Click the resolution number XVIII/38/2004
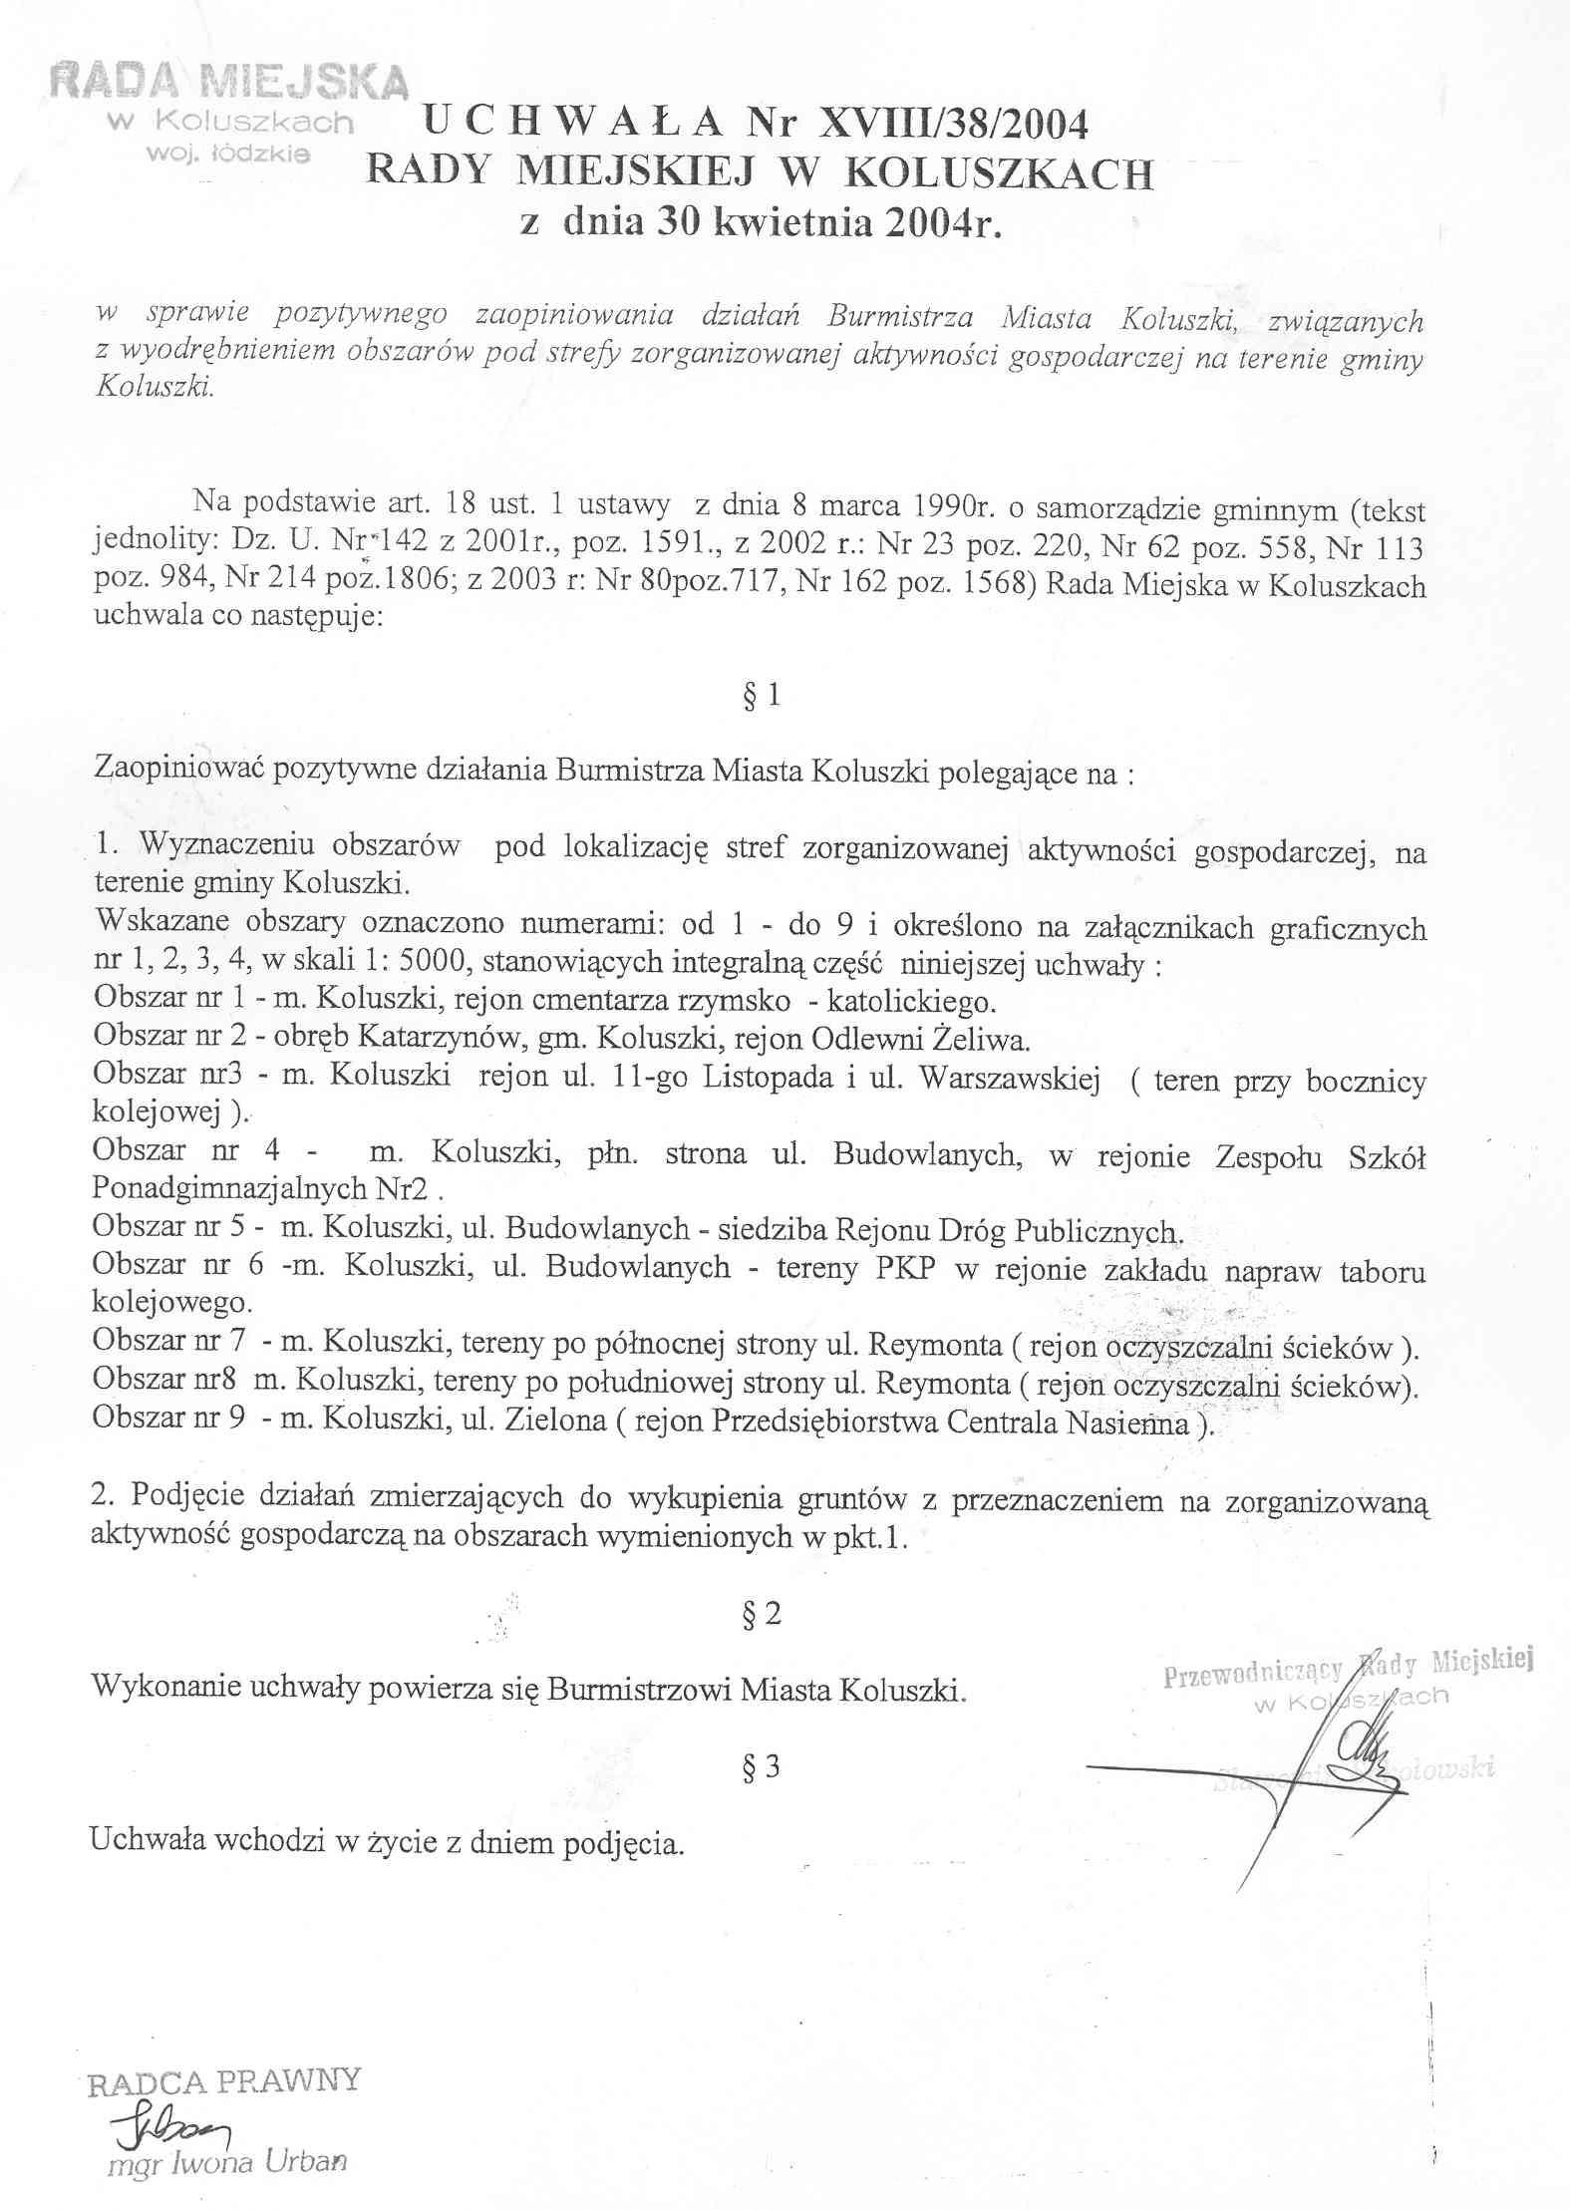click(952, 124)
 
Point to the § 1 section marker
click(762, 695)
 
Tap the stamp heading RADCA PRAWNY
click(223, 2081)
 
